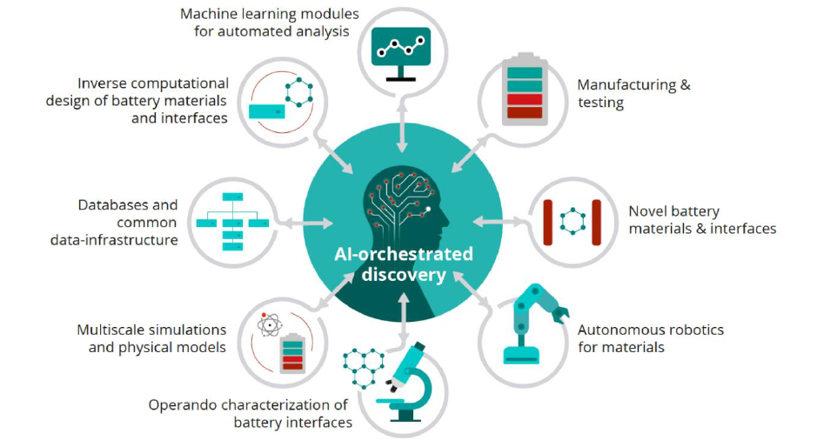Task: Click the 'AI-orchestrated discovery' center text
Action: tap(404, 264)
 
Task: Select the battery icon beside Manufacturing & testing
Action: tap(525, 89)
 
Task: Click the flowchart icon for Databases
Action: tap(232, 223)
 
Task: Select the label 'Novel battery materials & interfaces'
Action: tap(701, 220)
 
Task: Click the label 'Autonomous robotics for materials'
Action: tap(650, 338)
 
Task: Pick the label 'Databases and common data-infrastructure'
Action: tap(128, 222)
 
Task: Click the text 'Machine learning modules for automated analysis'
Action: tap(270, 23)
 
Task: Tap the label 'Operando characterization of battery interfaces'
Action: tap(250, 413)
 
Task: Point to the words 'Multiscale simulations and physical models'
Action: tap(151, 338)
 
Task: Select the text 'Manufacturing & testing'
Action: tap(633, 94)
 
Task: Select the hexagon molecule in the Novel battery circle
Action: tap(573, 221)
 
